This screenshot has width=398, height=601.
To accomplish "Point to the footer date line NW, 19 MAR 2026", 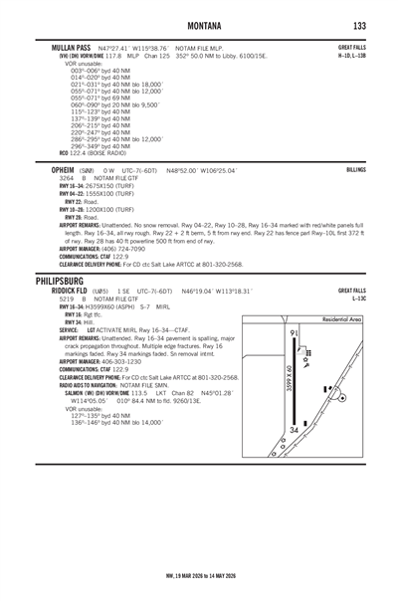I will tap(199, 588).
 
